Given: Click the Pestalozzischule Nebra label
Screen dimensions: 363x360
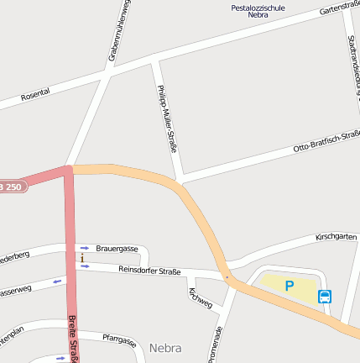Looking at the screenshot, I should coord(258,12).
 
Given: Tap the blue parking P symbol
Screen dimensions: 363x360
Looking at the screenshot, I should coord(290,286).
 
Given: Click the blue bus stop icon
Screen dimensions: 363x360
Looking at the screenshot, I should coord(325,296).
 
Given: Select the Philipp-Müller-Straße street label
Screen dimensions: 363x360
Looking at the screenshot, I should coord(167,118).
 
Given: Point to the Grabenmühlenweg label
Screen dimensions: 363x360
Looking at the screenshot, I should coord(117,32).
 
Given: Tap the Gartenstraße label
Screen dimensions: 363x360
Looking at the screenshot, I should coord(339,8).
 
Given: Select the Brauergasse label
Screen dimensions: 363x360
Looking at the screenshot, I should coord(117,249).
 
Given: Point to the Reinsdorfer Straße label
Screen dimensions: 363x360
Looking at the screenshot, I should coord(149,270).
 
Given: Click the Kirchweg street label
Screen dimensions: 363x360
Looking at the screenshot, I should coord(201,297).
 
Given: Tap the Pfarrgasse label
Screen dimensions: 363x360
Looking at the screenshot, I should coord(119,339).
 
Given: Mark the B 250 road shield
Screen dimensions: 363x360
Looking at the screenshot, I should coord(11,187).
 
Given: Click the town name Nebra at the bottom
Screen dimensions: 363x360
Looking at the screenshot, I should coord(165,347).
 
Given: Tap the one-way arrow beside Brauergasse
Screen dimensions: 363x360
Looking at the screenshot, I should coord(84,248).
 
